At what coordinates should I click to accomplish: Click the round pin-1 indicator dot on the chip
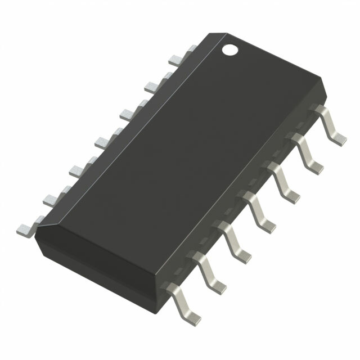pyautogui.click(x=229, y=49)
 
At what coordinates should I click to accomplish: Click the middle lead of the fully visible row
pyautogui.click(x=258, y=208)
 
